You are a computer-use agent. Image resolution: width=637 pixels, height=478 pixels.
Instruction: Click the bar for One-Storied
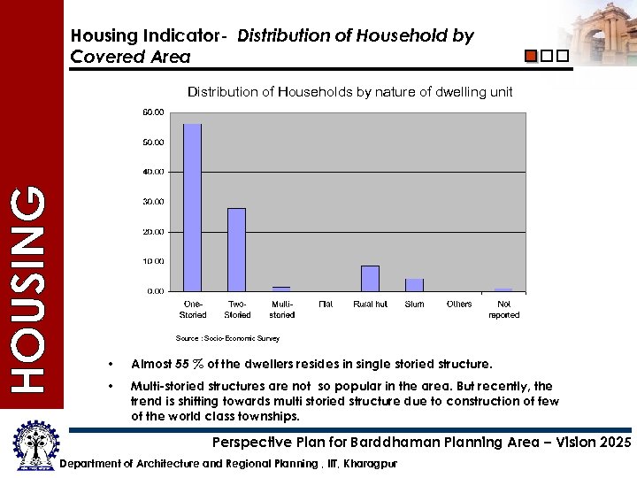tap(192, 207)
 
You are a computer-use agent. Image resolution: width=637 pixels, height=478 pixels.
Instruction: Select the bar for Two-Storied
tap(236, 250)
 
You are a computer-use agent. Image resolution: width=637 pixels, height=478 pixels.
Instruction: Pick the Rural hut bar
tap(370, 278)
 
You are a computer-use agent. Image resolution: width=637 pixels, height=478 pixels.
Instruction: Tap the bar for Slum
tap(414, 284)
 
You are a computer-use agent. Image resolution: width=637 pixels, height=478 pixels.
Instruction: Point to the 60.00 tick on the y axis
tap(153, 112)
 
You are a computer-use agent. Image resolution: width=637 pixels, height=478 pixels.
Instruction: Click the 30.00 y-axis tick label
tap(153, 202)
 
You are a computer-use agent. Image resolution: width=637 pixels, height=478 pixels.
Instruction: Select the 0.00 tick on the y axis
tap(155, 291)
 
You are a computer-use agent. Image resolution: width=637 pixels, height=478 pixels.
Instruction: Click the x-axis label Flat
tap(326, 305)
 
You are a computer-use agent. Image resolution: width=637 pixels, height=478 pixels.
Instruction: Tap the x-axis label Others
tap(459, 305)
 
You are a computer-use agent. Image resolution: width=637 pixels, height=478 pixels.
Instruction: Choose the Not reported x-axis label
tap(503, 310)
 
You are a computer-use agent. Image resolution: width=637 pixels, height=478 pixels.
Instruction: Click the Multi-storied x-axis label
tap(281, 310)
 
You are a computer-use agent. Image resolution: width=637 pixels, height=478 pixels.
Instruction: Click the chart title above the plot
tap(349, 92)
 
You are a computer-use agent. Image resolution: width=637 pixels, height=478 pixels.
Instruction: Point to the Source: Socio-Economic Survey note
tap(227, 338)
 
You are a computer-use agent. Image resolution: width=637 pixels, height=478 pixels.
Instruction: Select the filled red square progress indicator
tap(531, 56)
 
